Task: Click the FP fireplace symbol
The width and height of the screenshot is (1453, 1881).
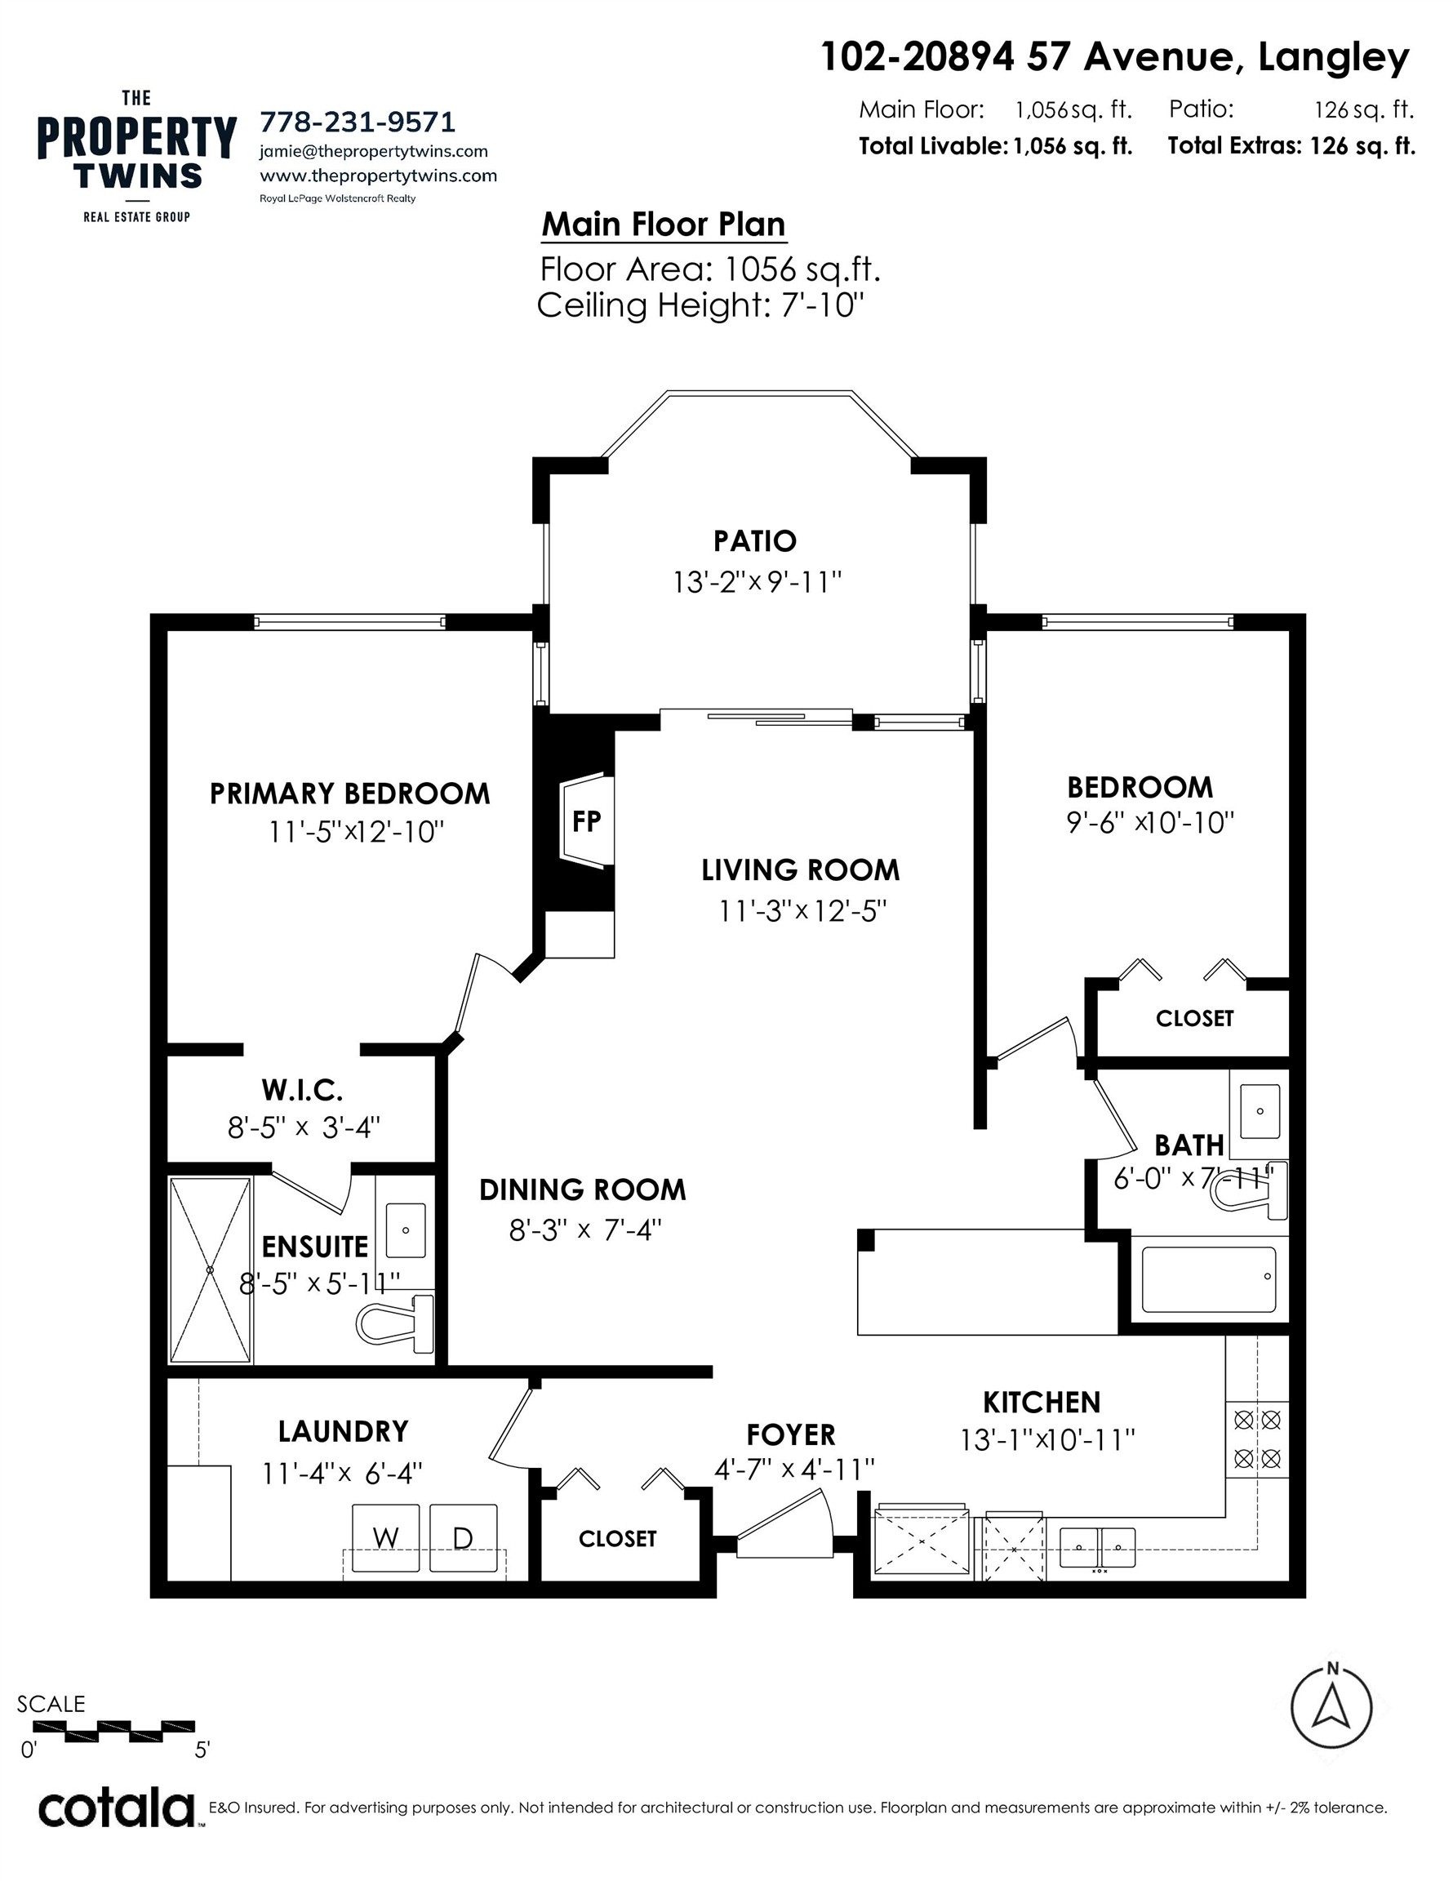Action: [x=587, y=820]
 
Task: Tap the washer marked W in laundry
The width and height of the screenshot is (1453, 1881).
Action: [x=385, y=1537]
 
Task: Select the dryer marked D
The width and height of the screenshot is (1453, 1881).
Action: [x=463, y=1537]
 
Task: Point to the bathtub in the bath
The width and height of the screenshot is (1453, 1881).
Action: [x=1208, y=1280]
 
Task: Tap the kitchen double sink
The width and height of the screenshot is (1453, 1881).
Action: [x=1096, y=1548]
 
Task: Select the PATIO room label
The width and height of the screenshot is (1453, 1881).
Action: [x=754, y=541]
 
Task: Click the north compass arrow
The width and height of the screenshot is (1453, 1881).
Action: [x=1331, y=1707]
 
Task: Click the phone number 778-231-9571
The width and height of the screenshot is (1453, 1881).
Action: [x=358, y=122]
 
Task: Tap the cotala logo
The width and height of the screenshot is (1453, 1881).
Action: [x=116, y=1809]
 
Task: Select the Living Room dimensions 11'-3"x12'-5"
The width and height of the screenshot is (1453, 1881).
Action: [x=802, y=910]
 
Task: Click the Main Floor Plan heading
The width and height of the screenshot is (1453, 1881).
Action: [x=663, y=225]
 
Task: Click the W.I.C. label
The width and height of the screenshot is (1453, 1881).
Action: [x=302, y=1091]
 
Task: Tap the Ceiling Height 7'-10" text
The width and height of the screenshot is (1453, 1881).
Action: [x=700, y=305]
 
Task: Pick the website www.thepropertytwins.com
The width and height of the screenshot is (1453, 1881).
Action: [x=378, y=176]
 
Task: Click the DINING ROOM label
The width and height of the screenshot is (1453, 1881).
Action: [x=582, y=1190]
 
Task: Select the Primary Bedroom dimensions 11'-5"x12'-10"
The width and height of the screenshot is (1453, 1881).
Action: [x=356, y=832]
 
